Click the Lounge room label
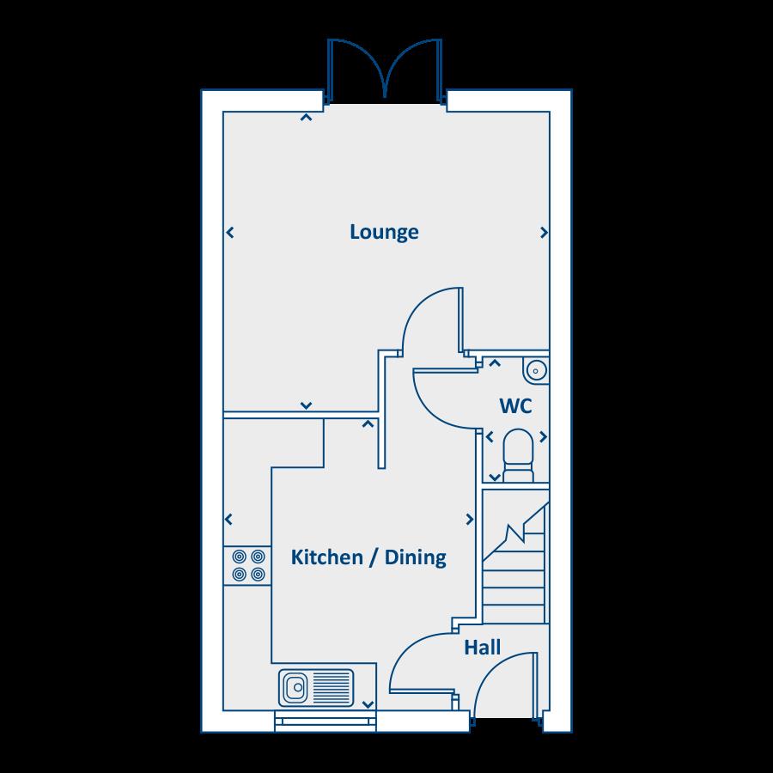[384, 232]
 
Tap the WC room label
[515, 405]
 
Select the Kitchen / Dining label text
[368, 557]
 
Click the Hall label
[482, 648]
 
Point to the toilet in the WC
[517, 453]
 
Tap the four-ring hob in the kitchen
[247, 565]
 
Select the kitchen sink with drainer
[316, 687]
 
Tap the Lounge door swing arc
[429, 318]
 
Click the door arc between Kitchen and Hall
[417, 661]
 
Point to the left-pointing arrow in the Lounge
[229, 232]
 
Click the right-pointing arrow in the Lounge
[544, 232]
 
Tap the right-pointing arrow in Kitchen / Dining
[470, 520]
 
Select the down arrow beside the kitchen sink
[368, 704]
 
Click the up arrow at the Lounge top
[305, 118]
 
